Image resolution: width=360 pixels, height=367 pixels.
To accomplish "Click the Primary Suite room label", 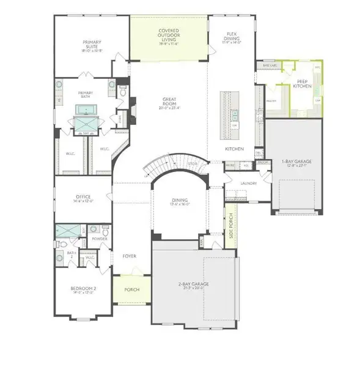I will tap(92, 45).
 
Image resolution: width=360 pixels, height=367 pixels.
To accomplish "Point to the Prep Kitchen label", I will tap(304, 84).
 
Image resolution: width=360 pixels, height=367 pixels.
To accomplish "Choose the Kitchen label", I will tap(235, 149).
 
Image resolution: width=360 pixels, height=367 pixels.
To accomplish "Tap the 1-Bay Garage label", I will tap(296, 162).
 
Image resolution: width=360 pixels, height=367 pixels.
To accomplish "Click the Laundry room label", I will tap(248, 183).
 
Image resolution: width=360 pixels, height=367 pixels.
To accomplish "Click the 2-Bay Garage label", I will tap(192, 284).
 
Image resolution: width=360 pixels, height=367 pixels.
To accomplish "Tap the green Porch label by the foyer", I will tap(131, 290).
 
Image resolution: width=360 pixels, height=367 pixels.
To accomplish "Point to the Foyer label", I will tap(129, 256).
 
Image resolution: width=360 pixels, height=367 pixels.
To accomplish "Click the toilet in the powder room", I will tap(105, 232).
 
